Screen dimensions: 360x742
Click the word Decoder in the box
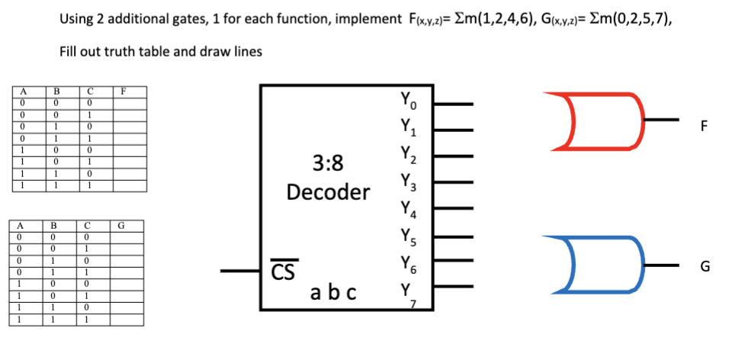(328, 191)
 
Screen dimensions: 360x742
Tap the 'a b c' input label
(333, 292)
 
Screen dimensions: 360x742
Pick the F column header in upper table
(123, 91)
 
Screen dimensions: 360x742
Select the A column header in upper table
(24, 91)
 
